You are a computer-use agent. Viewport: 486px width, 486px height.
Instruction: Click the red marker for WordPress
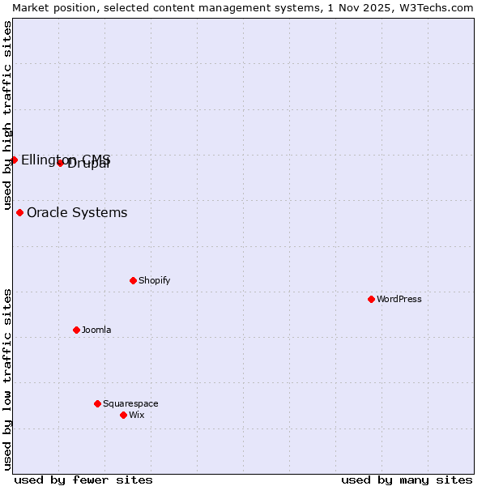pos(371,299)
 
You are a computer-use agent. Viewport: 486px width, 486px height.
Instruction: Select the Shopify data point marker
pos(133,280)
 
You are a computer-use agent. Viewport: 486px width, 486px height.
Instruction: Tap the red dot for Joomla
pos(76,330)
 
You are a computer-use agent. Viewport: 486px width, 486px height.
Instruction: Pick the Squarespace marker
pos(97,403)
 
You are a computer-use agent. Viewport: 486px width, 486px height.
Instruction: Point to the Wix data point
pos(123,415)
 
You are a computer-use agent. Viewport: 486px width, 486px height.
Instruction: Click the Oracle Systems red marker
pos(19,212)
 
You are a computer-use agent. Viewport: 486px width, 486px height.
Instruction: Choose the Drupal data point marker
pos(60,163)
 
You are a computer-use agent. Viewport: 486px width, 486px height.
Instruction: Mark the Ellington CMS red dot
pos(14,160)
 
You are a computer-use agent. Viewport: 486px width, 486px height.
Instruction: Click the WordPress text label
pos(399,299)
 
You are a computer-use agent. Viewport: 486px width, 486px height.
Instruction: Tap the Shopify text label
pos(154,280)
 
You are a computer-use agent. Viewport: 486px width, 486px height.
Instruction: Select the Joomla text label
pos(96,330)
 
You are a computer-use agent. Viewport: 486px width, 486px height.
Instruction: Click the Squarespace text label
pos(130,403)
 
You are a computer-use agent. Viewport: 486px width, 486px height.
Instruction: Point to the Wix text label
pos(137,415)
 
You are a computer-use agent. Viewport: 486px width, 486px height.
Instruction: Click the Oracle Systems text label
pos(77,213)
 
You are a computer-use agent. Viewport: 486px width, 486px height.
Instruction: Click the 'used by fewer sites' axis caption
pos(83,480)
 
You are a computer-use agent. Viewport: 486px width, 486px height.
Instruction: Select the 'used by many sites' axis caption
pos(407,480)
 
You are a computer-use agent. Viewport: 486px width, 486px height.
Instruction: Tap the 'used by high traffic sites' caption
pos(7,115)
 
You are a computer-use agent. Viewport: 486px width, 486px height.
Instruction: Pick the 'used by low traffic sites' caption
pos(7,379)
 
